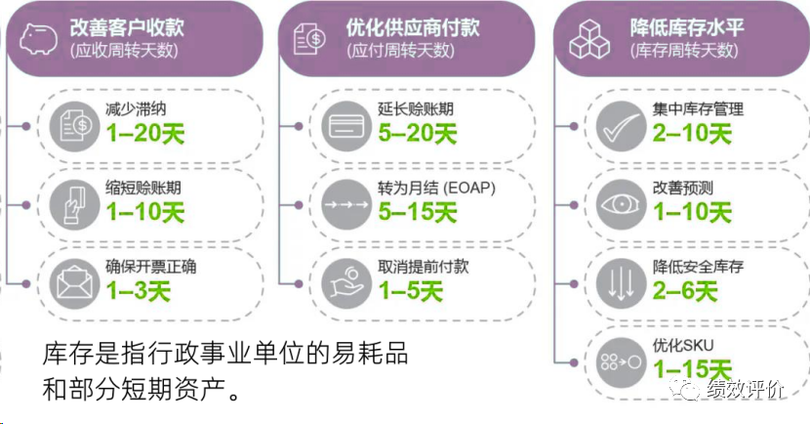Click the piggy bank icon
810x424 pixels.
[x=36, y=36]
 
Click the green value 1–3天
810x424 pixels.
[x=138, y=290]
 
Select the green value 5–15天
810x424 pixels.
[x=417, y=211]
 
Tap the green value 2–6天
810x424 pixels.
[x=684, y=290]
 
